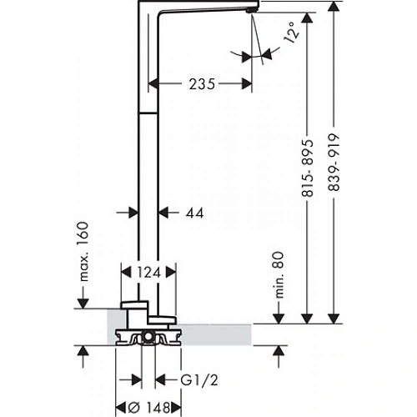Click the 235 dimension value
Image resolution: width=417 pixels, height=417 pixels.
201,84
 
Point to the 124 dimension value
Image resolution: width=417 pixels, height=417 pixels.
148,271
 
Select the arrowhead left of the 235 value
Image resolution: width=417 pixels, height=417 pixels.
154,83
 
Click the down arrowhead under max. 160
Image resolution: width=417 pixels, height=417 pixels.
83,301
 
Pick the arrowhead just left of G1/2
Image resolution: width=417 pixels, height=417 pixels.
161,381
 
